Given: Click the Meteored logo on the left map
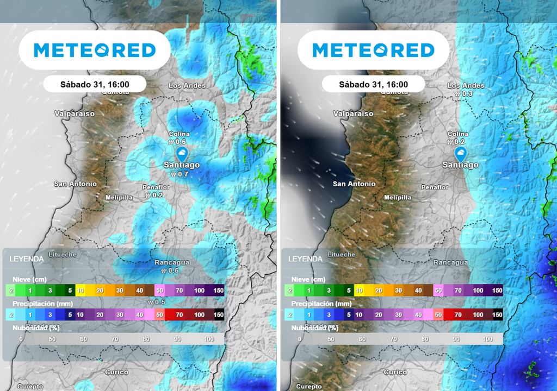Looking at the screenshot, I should (x=95, y=51).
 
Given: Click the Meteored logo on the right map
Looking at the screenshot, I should (x=374, y=51).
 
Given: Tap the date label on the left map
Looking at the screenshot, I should (x=95, y=84).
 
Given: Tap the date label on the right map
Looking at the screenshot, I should (x=373, y=84).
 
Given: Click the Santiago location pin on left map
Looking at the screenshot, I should (x=182, y=153).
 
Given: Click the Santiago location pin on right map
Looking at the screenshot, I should (x=460, y=153).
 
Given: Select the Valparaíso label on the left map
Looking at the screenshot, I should (x=75, y=113).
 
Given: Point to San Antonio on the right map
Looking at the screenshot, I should (x=354, y=184).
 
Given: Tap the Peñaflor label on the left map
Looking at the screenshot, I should (x=156, y=187).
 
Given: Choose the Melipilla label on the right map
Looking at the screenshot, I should (x=398, y=198).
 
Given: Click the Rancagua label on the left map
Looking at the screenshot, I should (x=172, y=262).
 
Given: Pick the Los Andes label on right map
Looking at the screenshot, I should (x=466, y=86).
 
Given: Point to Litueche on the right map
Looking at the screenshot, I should (x=341, y=254).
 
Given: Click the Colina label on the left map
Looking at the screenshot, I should (x=179, y=134).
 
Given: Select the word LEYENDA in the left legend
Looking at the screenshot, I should (x=27, y=259).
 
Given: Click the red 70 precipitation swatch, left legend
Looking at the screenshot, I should (x=179, y=314).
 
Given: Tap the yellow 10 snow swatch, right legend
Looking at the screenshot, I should (x=359, y=291).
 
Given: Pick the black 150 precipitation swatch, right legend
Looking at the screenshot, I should (x=497, y=314).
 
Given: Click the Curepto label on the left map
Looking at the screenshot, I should (x=30, y=386).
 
